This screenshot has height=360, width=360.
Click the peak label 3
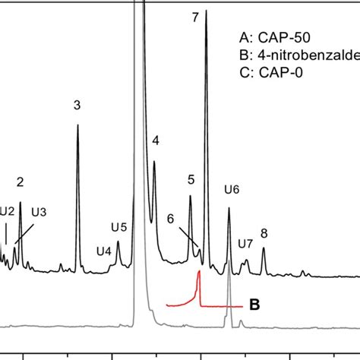77,106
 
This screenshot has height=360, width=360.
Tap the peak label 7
195,17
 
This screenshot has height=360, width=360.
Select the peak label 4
155,141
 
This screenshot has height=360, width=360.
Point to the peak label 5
191,179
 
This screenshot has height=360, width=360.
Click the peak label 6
170,218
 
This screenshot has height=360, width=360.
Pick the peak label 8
264,233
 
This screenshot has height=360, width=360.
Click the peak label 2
20,182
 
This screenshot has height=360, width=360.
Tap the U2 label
7,211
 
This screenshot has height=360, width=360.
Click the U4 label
104,251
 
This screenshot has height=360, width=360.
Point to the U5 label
119,226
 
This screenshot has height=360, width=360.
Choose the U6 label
232,190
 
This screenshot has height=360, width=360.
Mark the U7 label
245,244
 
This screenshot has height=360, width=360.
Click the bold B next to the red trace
255,305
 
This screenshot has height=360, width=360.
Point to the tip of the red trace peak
199,273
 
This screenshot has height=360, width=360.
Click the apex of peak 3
77,125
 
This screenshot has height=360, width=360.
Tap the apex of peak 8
264,248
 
